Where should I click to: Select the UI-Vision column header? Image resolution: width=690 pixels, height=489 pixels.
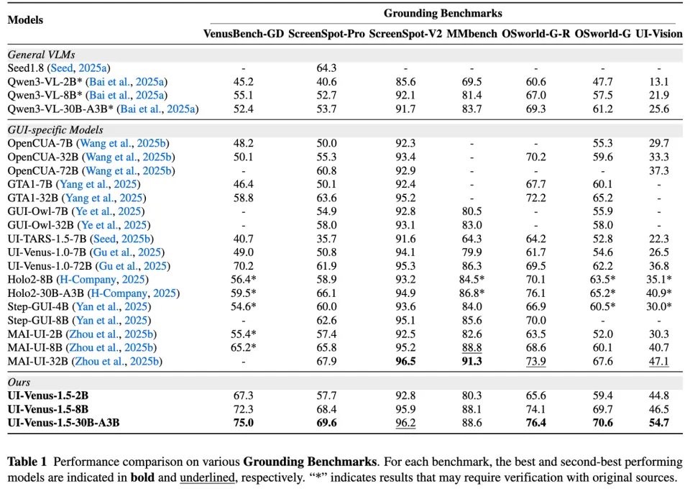pos(658,34)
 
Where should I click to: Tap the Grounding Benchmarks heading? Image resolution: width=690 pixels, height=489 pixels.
pos(443,13)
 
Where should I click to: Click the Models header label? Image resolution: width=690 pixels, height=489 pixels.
pos(25,20)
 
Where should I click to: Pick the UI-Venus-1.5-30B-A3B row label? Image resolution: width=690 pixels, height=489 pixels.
pos(63,422)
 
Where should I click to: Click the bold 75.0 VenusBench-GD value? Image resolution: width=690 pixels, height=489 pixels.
pos(244,422)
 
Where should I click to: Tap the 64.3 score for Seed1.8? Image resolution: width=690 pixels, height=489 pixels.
pos(327,68)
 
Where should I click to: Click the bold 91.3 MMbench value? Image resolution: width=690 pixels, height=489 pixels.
pos(471,361)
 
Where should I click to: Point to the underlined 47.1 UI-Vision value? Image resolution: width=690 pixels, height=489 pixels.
pos(658,361)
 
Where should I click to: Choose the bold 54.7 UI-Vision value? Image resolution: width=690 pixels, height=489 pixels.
pos(658,422)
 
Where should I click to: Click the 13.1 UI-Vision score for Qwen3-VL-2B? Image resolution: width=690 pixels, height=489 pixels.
pos(658,81)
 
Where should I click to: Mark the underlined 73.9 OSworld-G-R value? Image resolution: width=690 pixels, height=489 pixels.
pos(535,361)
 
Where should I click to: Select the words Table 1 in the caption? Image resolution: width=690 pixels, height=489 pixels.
pos(27,461)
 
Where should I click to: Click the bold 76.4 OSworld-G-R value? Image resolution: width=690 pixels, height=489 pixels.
pos(535,422)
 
